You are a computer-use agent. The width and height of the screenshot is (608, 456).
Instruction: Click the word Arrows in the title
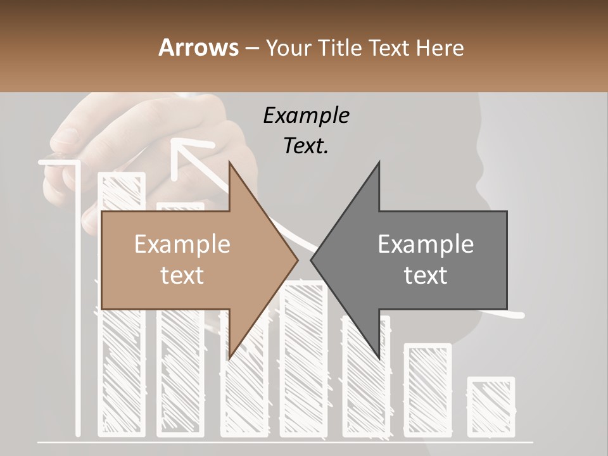(198, 47)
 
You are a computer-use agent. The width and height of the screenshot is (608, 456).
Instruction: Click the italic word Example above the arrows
(306, 116)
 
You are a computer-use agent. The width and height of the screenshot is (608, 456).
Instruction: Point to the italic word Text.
(306, 146)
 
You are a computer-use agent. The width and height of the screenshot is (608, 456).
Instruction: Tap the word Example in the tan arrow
(182, 244)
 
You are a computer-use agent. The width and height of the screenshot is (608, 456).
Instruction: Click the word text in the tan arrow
(182, 275)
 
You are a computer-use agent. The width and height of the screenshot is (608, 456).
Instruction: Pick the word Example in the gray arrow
(426, 244)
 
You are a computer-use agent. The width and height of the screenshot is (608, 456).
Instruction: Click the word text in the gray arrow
(426, 275)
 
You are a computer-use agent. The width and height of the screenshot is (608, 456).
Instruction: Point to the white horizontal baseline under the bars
(285, 441)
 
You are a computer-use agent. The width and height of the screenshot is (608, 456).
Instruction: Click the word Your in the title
(289, 47)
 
